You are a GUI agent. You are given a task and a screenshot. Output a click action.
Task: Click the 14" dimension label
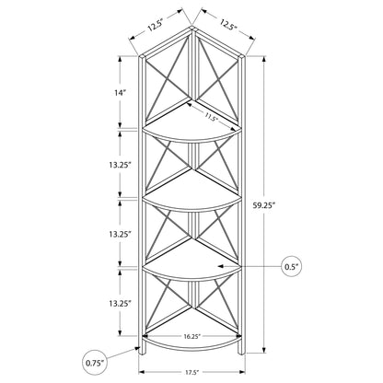(x=120, y=92)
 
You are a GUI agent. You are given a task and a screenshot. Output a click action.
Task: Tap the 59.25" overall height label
(x=263, y=206)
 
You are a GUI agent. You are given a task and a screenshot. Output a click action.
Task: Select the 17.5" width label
(x=191, y=373)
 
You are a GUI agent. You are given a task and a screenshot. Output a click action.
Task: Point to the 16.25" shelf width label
(x=192, y=336)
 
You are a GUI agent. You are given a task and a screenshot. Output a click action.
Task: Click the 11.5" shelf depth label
(x=211, y=117)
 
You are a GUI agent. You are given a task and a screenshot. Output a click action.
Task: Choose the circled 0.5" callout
(x=292, y=267)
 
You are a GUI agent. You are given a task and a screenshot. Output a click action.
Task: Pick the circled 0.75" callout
(x=95, y=363)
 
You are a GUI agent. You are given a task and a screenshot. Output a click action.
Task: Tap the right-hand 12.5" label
(x=228, y=24)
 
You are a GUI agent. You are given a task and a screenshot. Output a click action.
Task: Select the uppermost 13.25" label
(x=120, y=165)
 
